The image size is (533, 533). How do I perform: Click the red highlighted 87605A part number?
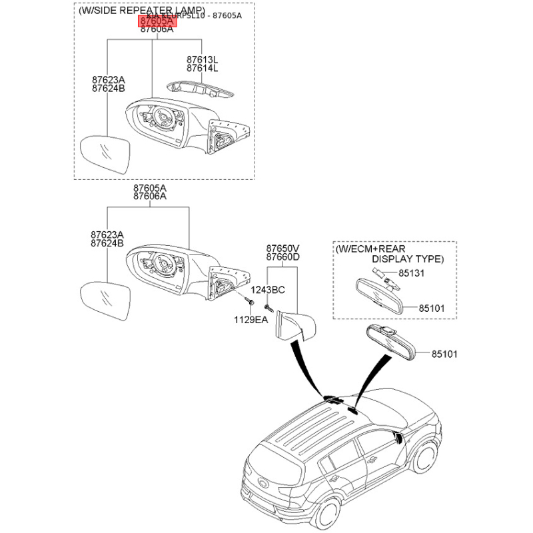point(157,22)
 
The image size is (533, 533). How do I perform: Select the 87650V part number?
point(282,248)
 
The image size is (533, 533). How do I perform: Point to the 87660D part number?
point(282,257)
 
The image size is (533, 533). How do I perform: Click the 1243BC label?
point(268,290)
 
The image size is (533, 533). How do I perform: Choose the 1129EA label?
point(250,320)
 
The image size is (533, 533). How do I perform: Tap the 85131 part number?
point(412,273)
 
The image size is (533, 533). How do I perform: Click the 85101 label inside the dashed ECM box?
point(430,308)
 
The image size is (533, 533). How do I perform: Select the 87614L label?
point(202,69)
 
